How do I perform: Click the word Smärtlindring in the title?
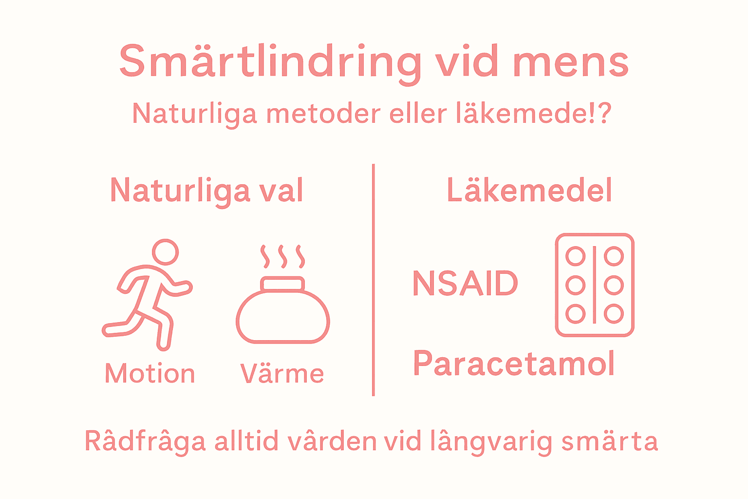270,62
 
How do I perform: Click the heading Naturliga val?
206,191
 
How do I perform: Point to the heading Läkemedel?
529,191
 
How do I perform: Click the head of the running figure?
166,252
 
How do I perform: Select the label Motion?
150,374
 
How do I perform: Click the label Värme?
282,374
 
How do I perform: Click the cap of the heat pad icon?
282,284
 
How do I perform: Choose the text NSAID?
465,284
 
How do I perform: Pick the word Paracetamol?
514,364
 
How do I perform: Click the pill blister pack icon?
595,285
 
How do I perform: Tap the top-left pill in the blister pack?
576,256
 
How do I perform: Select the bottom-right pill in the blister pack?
614,314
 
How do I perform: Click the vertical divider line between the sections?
373,280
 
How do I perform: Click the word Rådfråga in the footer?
145,441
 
